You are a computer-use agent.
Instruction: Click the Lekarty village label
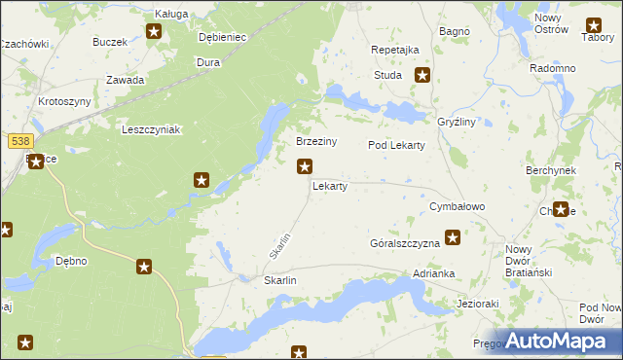329,186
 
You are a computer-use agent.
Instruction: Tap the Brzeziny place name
316,141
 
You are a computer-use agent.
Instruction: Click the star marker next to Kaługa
155,32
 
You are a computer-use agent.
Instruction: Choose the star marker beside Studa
422,74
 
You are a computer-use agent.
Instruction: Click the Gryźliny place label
457,124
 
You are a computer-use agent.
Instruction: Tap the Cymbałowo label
457,207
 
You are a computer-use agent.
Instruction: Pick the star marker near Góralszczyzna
453,235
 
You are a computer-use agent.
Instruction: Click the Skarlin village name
279,280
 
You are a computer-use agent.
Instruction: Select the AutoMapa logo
558,341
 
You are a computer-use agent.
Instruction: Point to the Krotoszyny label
64,101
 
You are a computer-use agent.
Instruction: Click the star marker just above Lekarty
305,166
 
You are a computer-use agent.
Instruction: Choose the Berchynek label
551,169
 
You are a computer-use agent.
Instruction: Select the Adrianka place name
433,274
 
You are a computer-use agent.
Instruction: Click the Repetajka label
395,50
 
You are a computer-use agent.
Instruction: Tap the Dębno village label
71,261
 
